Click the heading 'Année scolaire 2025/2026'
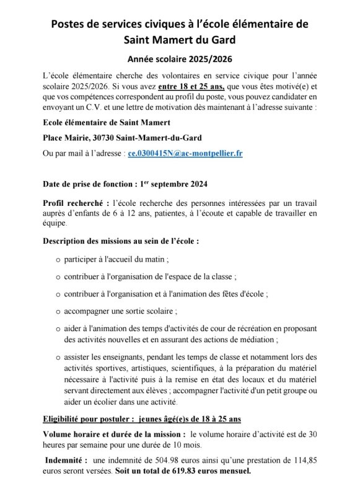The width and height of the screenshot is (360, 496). click(x=180, y=60)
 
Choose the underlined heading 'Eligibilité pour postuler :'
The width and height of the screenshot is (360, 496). click(x=87, y=419)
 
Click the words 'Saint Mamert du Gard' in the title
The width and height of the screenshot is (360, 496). click(x=180, y=40)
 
